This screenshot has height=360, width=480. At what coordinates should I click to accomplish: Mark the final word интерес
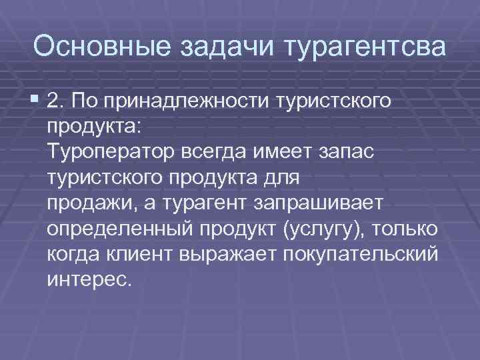tap(90, 279)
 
